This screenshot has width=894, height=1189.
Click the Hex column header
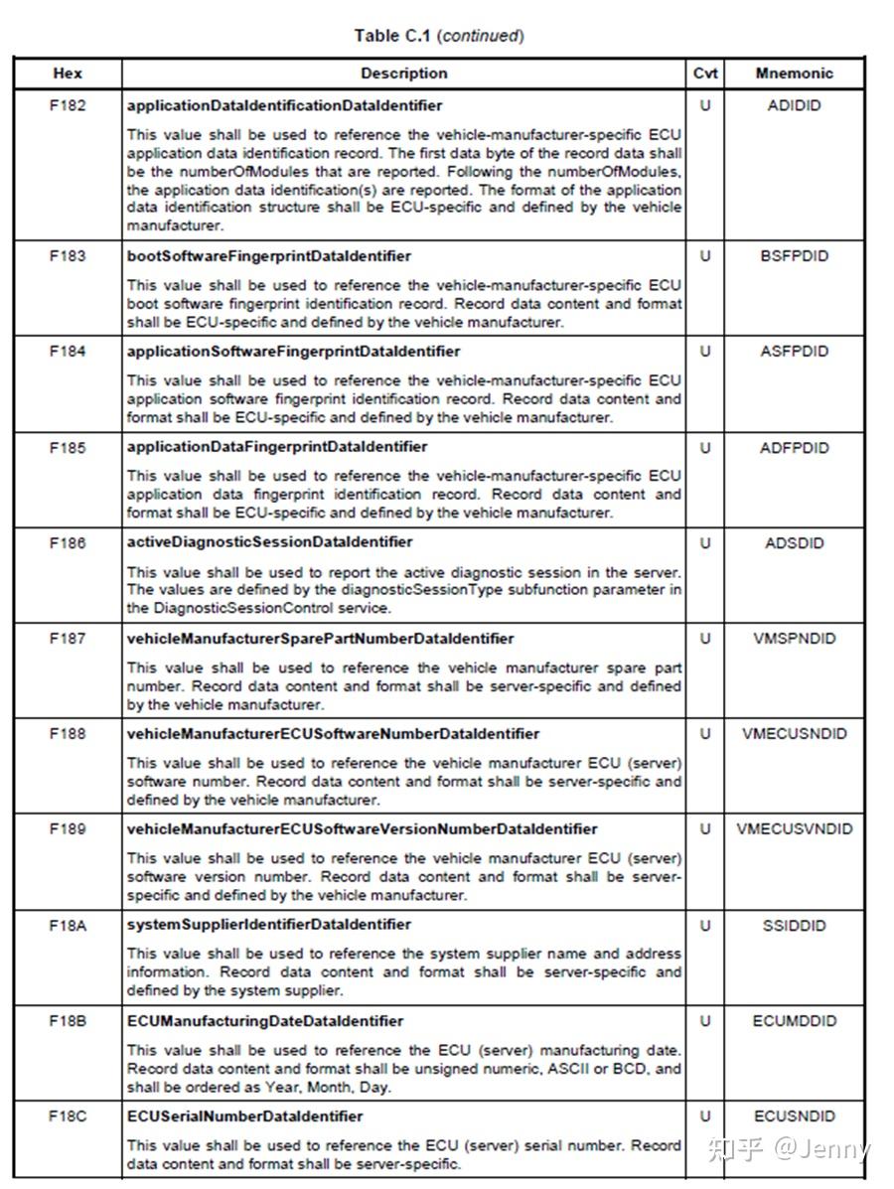pyautogui.click(x=68, y=74)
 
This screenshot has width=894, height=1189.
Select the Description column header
pyautogui.click(x=404, y=74)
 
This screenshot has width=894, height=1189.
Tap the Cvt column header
pyautogui.click(x=705, y=74)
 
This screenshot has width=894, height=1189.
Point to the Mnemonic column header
pyautogui.click(x=794, y=74)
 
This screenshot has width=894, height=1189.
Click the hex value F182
pyautogui.click(x=68, y=105)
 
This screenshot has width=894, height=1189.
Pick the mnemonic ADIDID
pyautogui.click(x=794, y=105)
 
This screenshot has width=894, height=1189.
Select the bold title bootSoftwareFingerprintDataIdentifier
pyautogui.click(x=268, y=256)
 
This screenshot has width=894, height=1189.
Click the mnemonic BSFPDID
pyautogui.click(x=794, y=256)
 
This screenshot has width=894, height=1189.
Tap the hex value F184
pyautogui.click(x=68, y=352)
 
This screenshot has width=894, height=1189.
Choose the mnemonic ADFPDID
pyautogui.click(x=794, y=448)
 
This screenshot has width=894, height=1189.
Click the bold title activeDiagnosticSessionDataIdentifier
pyautogui.click(x=269, y=542)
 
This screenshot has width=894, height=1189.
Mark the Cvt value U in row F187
pyautogui.click(x=705, y=639)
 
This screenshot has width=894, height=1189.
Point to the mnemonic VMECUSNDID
pyautogui.click(x=794, y=734)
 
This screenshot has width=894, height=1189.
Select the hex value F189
pyautogui.click(x=68, y=829)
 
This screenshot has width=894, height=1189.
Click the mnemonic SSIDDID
pyautogui.click(x=794, y=926)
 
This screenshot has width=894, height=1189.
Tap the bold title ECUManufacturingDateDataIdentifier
pyautogui.click(x=264, y=1021)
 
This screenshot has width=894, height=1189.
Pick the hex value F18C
pyautogui.click(x=68, y=1116)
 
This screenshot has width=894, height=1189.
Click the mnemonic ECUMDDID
pyautogui.click(x=794, y=1021)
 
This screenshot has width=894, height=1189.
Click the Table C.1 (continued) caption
pyautogui.click(x=439, y=36)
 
